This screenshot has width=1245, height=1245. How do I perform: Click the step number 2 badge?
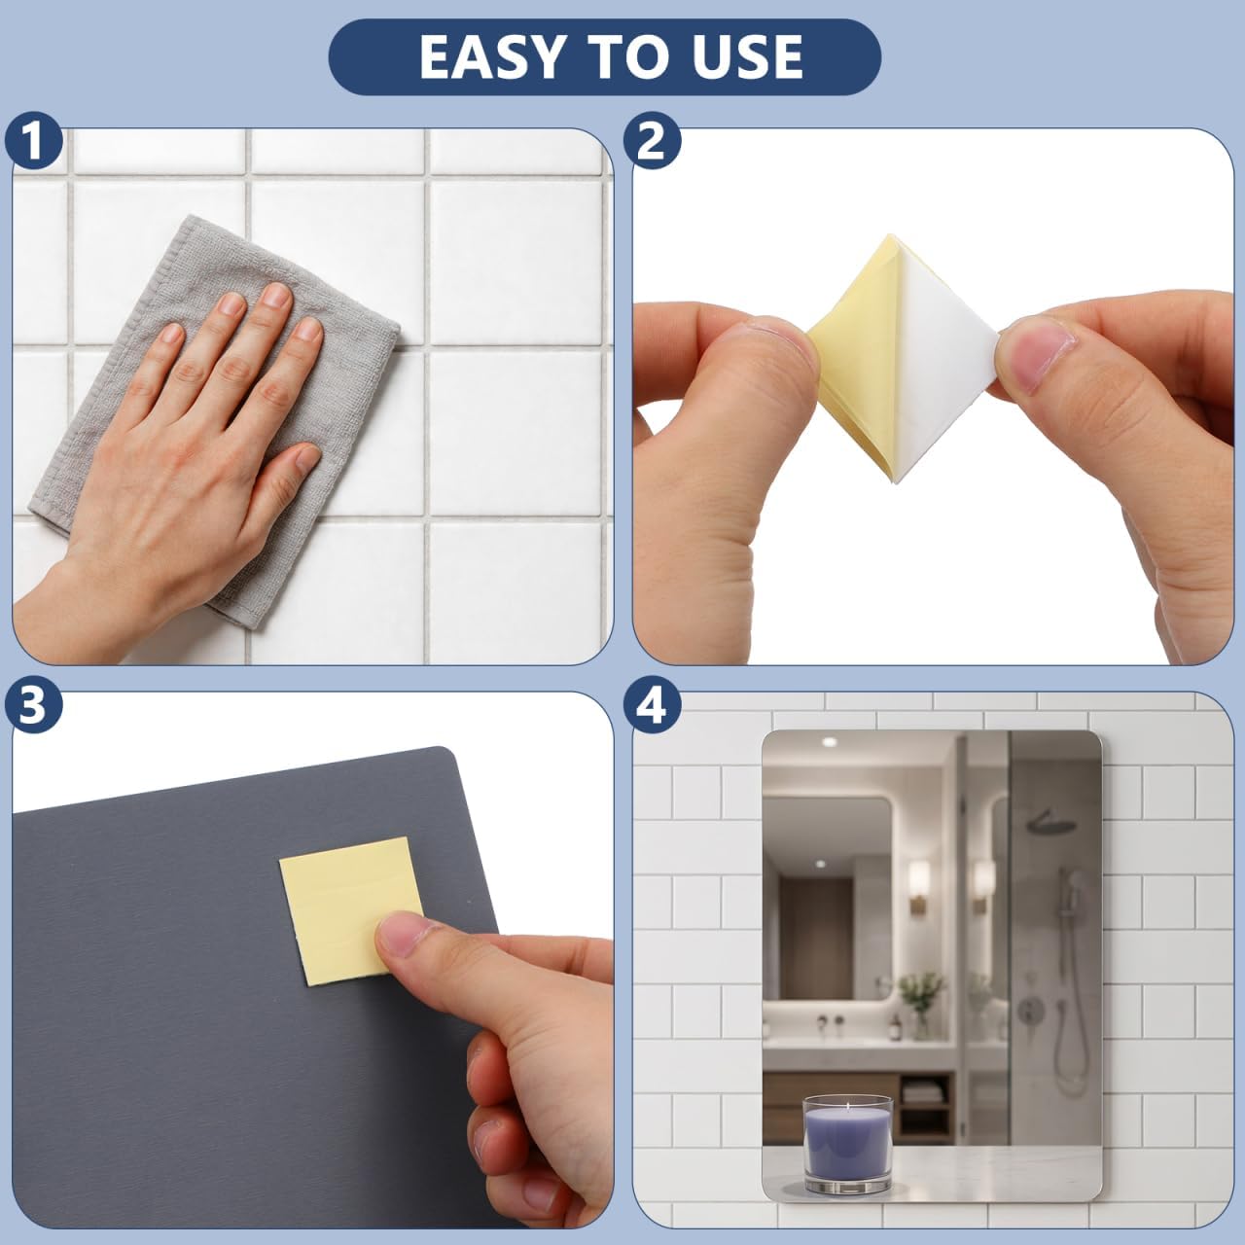pyautogui.click(x=652, y=141)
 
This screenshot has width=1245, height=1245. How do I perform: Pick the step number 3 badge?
pyautogui.click(x=34, y=706)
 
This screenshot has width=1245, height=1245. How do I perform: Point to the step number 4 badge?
pyautogui.click(x=652, y=706)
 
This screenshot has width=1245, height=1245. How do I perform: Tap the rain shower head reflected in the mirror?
pyautogui.click(x=1051, y=822)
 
